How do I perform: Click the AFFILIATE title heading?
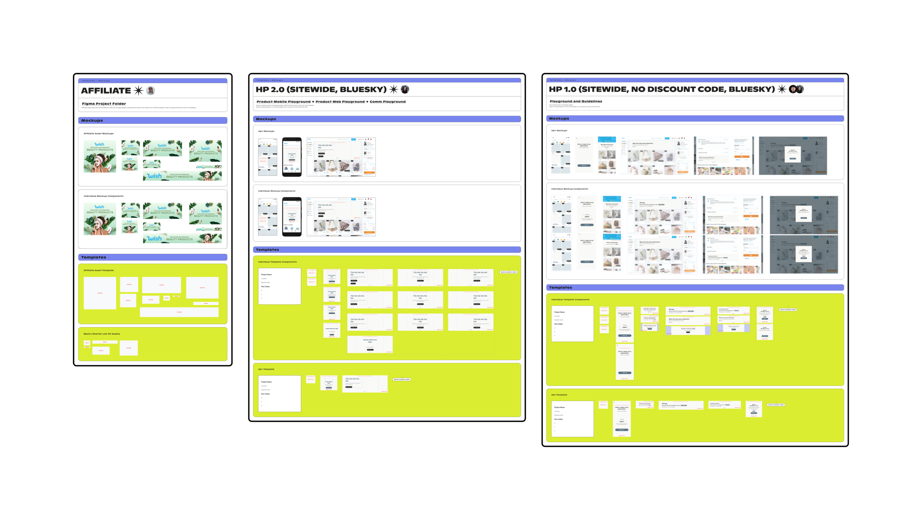[x=106, y=91]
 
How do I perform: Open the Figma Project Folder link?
[x=104, y=104]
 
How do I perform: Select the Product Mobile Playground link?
[x=283, y=102]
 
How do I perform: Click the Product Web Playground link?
[x=340, y=102]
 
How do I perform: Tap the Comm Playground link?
[x=387, y=102]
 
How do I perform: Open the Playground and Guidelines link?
[x=575, y=101]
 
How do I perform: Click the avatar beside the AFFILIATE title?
[x=150, y=90]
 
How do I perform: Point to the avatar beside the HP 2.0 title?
[x=405, y=89]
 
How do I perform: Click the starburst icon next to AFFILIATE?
[x=138, y=90]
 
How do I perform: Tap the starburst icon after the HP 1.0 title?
[x=781, y=89]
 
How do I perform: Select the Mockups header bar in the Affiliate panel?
[x=152, y=121]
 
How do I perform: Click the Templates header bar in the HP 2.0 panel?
[x=387, y=250]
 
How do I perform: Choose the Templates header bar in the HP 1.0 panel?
[x=694, y=287]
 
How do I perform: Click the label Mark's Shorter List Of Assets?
[x=101, y=334]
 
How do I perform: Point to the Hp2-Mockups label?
[x=266, y=131]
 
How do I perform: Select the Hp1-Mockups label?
[x=559, y=131]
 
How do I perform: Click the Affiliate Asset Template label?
[x=98, y=270]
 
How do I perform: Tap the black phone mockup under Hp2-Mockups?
[x=291, y=157]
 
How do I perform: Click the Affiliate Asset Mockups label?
[x=98, y=134]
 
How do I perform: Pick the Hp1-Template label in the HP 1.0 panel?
[x=559, y=395]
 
